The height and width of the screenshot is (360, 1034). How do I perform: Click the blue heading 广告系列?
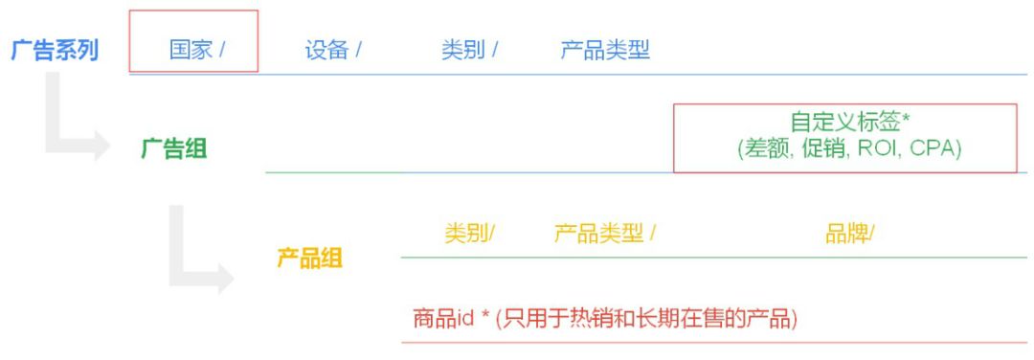point(55,50)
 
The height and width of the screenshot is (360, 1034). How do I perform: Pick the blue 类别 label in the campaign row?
point(462,50)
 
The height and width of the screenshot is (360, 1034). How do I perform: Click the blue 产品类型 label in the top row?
point(605,50)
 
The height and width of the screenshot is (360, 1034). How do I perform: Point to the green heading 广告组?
point(173,148)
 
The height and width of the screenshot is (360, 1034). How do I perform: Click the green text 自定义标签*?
point(844,123)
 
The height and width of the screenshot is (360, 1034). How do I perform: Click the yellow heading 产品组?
point(309,259)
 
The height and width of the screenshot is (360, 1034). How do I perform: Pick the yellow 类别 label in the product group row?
point(466,233)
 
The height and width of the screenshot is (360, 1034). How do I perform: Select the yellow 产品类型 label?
point(599,233)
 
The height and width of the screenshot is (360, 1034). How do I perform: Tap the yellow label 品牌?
point(846,233)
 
